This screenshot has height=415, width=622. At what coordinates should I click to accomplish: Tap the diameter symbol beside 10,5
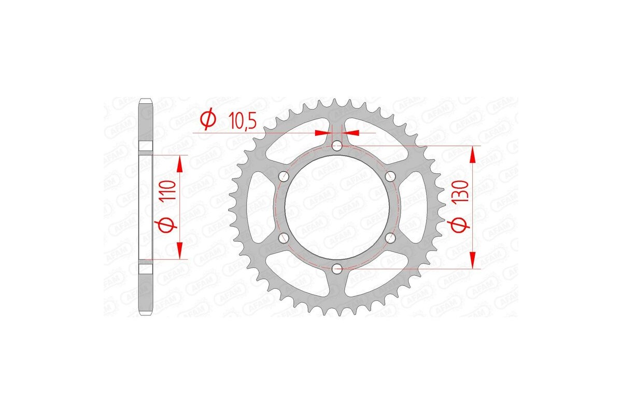[x=208, y=120]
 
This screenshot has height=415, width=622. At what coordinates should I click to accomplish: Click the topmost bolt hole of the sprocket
[x=337, y=146]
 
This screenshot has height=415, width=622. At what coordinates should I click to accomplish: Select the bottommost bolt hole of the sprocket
[x=337, y=269]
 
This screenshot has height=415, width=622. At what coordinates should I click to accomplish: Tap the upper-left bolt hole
[x=284, y=176]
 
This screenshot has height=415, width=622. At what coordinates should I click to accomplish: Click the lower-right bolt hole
[x=390, y=238]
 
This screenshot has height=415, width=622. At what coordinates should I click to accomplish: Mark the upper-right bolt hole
[x=390, y=176]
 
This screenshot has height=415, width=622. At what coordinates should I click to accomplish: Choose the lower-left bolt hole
[x=284, y=238]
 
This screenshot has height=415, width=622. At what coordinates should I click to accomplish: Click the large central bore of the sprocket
[x=337, y=208]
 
